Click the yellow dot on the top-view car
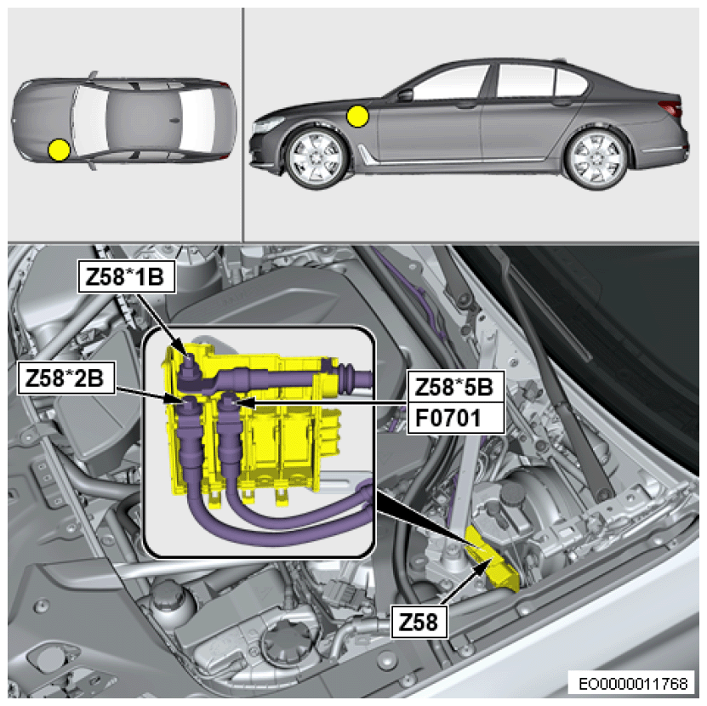[x=58, y=150]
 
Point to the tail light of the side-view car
[x=672, y=108]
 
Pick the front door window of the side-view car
[x=451, y=84]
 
